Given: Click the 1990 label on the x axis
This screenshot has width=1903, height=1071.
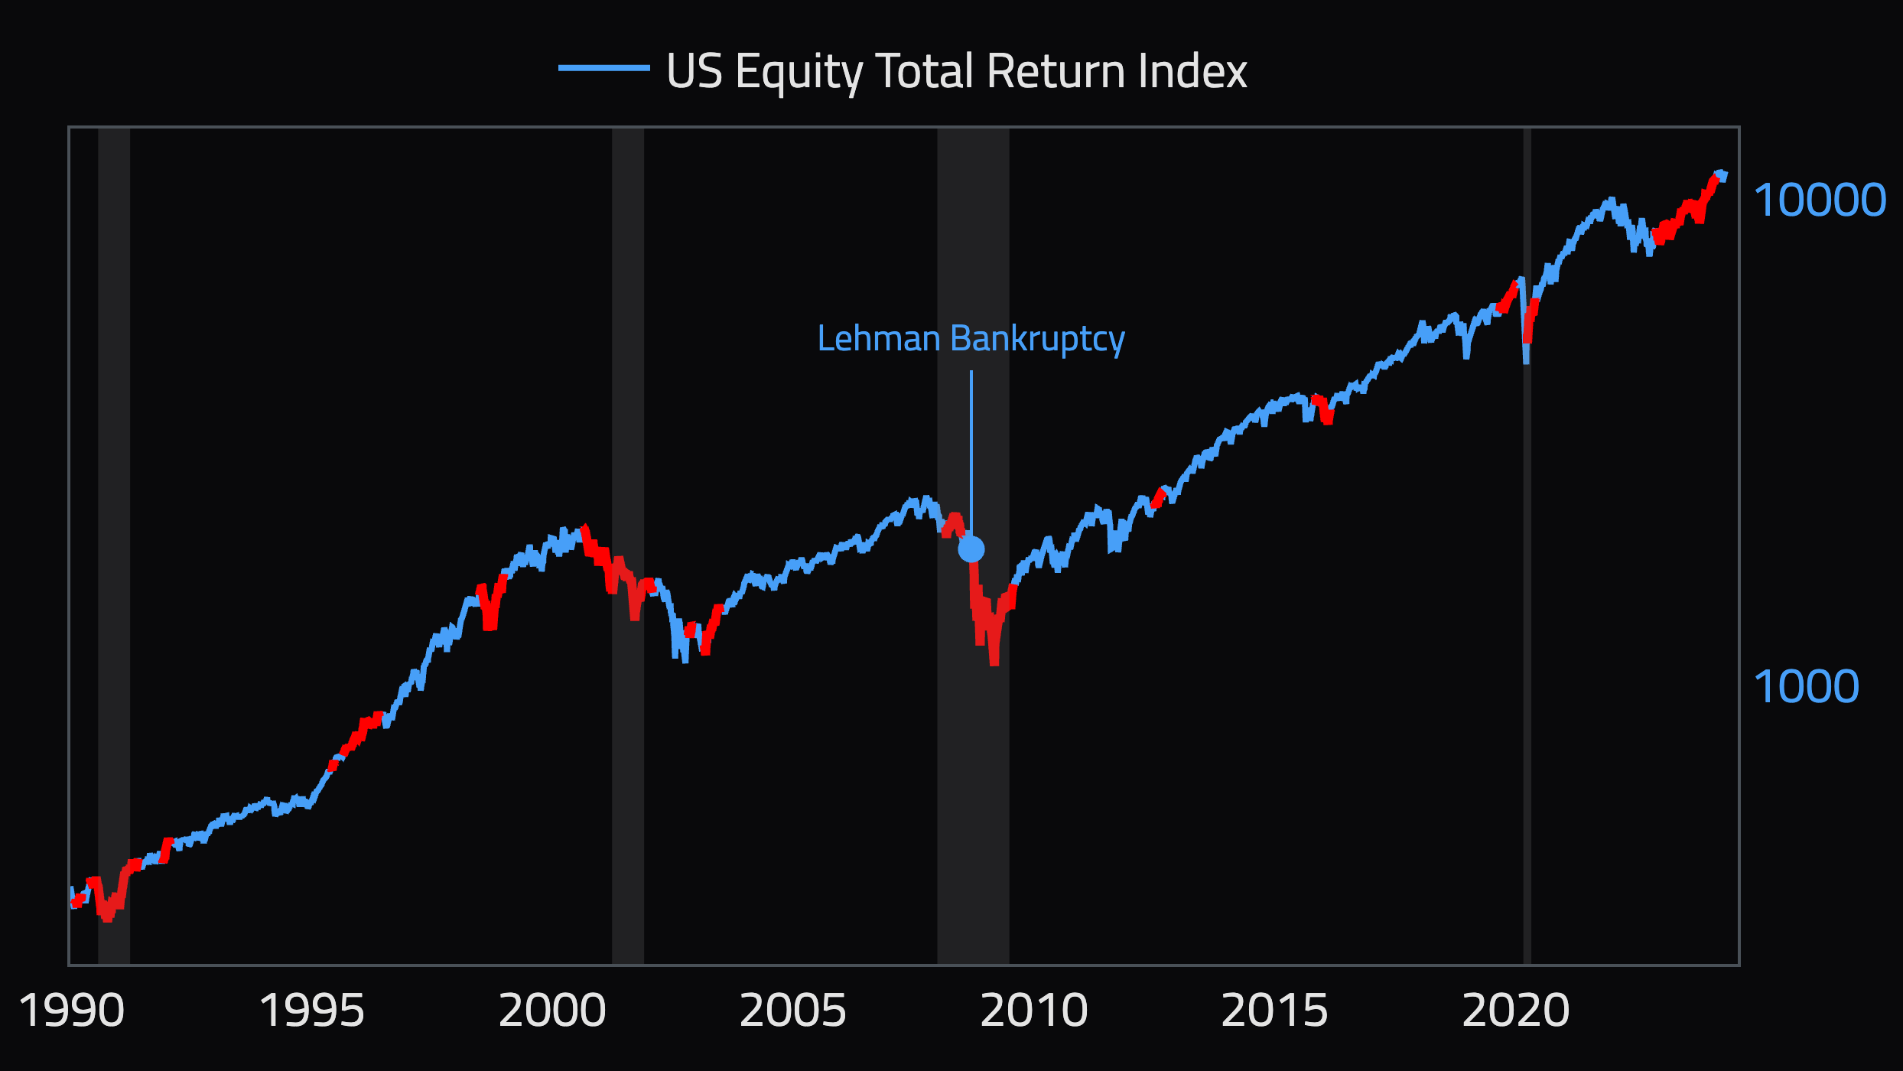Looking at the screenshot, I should click(71, 1011).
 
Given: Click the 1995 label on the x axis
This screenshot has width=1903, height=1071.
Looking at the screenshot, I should click(312, 1011).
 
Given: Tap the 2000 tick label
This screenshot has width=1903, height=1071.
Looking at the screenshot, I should click(552, 1011).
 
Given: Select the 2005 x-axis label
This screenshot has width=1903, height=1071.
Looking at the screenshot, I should click(793, 1011).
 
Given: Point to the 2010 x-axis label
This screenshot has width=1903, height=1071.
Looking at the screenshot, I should click(1034, 1011).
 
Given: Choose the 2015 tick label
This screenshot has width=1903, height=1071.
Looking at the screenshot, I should click(1274, 1011).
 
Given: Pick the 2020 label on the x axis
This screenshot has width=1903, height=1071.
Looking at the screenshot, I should click(1515, 1011).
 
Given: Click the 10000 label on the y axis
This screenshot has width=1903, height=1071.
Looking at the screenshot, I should click(1820, 200).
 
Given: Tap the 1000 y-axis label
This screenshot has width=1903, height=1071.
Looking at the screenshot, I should click(1806, 687).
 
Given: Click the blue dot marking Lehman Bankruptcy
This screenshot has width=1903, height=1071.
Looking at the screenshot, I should click(971, 549).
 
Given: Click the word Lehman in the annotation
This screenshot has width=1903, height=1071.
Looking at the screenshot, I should click(878, 339).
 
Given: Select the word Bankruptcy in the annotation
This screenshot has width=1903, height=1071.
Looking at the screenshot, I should click(1037, 339).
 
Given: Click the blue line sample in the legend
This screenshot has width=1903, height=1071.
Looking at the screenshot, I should click(603, 68).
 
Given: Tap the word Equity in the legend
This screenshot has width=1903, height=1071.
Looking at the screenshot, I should click(799, 71).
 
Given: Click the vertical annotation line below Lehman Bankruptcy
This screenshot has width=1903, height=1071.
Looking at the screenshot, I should click(971, 451).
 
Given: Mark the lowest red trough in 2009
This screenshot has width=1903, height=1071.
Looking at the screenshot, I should click(994, 661).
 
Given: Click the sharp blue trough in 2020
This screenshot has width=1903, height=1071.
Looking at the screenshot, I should click(1526, 360).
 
